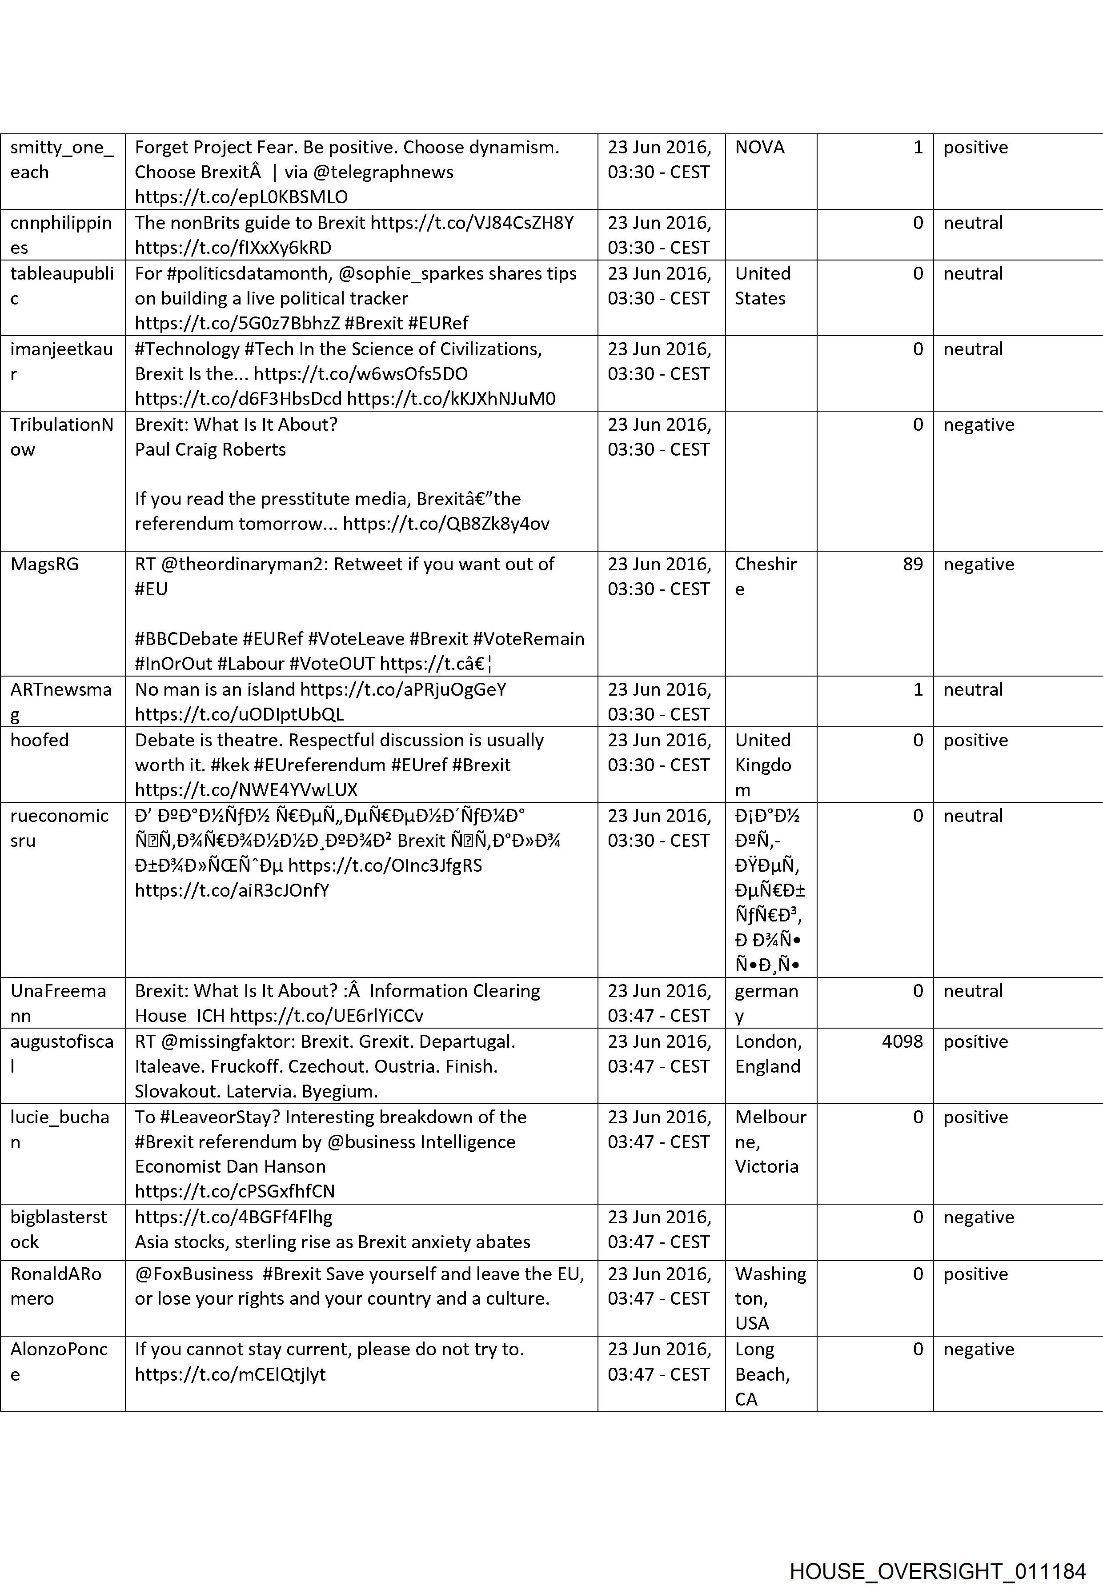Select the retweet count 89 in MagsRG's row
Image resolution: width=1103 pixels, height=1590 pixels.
pos(912,564)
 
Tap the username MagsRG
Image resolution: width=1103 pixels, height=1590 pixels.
pos(44,564)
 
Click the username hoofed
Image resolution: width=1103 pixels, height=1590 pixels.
pos(40,740)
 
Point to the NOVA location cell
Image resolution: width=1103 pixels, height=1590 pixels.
pos(759,147)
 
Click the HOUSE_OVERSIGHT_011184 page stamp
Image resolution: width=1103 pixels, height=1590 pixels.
pos(937,1552)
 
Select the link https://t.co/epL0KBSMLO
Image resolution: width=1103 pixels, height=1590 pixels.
pos(241,197)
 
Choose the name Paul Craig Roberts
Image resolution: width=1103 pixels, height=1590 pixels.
pos(210,449)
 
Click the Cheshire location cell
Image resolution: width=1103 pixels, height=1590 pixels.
pos(765,576)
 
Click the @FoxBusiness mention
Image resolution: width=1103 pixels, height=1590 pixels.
pos(193,1274)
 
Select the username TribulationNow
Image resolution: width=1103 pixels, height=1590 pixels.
pos(61,437)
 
